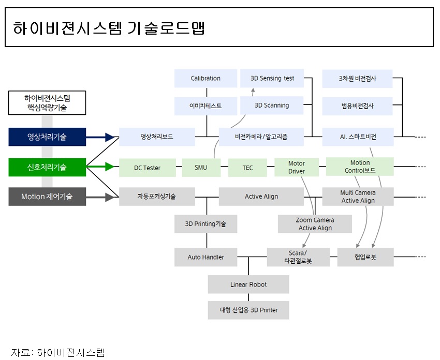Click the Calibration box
point(206,78)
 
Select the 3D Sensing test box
point(272,78)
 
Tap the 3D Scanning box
point(272,105)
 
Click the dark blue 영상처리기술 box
point(47,137)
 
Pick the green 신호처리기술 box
point(47,167)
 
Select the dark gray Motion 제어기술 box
point(47,197)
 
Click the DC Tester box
point(147,168)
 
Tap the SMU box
point(201,168)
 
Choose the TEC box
point(247,168)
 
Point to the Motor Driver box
point(297,167)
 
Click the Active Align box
point(261,197)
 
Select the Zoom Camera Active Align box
point(315,224)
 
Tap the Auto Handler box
point(206,257)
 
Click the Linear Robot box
point(248,284)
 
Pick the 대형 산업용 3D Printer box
point(248,310)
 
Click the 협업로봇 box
point(365,257)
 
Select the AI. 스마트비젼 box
point(358,137)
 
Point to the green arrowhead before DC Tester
point(109,167)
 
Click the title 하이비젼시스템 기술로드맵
point(109,28)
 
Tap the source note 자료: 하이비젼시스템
point(58,353)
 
